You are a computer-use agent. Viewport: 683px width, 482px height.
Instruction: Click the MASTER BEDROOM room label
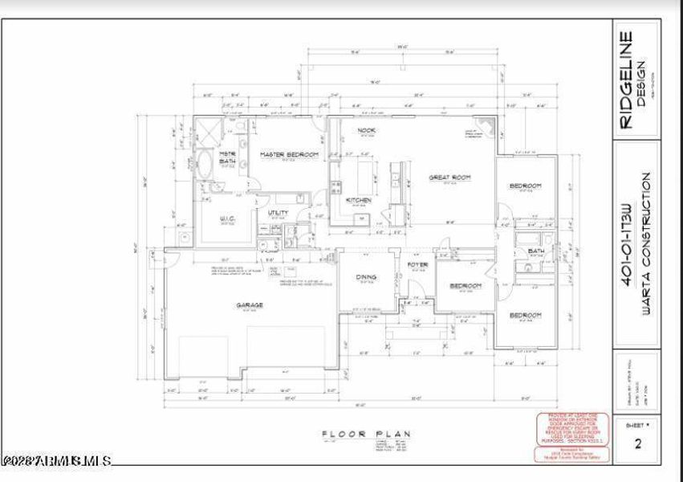289,153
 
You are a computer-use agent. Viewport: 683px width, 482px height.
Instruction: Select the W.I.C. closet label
226,218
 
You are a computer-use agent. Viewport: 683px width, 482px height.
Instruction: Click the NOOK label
367,130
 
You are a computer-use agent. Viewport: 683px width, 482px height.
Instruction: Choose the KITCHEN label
358,200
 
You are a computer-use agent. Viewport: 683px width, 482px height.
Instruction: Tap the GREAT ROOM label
449,178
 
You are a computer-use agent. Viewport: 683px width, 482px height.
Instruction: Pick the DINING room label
367,277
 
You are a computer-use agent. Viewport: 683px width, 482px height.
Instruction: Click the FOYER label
417,264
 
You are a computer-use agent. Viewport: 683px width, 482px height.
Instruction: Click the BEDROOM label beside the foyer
465,286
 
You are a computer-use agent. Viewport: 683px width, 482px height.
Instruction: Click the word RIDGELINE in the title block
627,80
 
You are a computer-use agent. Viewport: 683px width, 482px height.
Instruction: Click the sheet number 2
638,444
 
